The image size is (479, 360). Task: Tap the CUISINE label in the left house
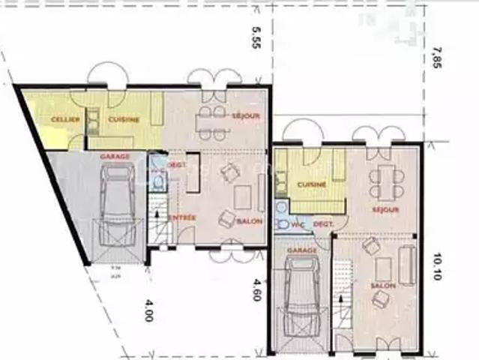click(x=122, y=120)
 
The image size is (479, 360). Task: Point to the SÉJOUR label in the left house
click(x=245, y=116)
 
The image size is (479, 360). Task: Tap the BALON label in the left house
click(x=249, y=222)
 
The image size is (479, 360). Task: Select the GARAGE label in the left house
click(x=115, y=156)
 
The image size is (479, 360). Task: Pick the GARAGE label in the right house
click(x=301, y=251)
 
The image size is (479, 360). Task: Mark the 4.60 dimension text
click(x=256, y=289)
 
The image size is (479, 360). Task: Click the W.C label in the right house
click(x=297, y=223)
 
